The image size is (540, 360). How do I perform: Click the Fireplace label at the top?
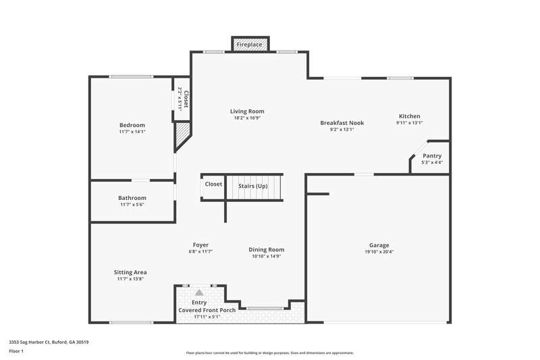pos(250,44)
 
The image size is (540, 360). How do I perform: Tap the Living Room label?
pos(247,111)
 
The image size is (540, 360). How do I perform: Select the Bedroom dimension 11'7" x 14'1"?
pos(132,132)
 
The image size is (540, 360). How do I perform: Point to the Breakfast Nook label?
pos(342,123)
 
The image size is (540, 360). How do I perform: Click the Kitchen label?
pos(409,115)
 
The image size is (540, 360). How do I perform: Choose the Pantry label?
pos(432,155)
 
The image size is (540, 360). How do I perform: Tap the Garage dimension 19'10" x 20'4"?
pos(379,252)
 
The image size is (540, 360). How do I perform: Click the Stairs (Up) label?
pos(253,186)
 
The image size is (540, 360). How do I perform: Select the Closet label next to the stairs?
pos(213,184)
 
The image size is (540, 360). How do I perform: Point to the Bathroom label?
pos(132,198)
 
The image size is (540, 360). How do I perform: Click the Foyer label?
pos(200,245)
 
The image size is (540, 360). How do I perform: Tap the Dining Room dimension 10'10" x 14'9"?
pos(267,257)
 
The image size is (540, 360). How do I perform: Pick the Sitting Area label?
pos(131,272)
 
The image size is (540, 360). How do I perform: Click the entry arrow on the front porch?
pos(199,292)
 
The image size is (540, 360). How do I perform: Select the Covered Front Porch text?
pos(207,310)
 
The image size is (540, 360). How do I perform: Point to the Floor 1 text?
pos(17,351)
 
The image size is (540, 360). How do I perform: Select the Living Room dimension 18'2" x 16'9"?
pos(247,118)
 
